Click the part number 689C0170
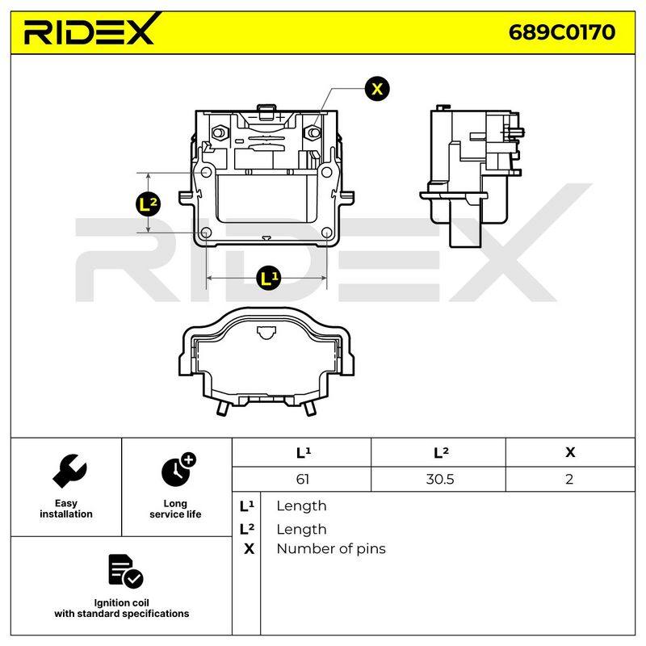[561, 32]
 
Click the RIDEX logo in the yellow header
[90, 30]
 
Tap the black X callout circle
[377, 89]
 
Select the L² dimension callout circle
[148, 204]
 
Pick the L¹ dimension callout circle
[268, 278]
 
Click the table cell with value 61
[302, 479]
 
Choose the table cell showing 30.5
[439, 479]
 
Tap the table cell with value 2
[569, 479]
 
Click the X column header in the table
[570, 452]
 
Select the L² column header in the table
[441, 452]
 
